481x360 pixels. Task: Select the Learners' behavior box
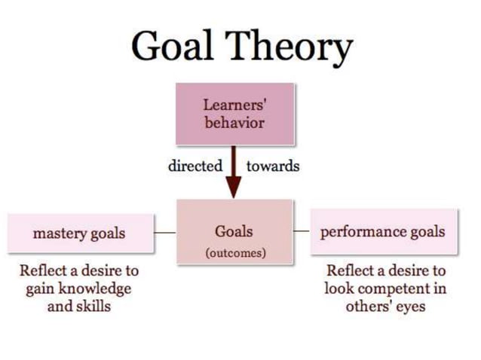[234, 114]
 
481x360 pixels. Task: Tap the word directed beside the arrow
[195, 166]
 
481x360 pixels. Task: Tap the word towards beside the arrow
[273, 166]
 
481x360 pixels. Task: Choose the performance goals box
[384, 231]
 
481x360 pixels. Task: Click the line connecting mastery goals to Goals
[164, 233]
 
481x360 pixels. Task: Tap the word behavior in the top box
[234, 122]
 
